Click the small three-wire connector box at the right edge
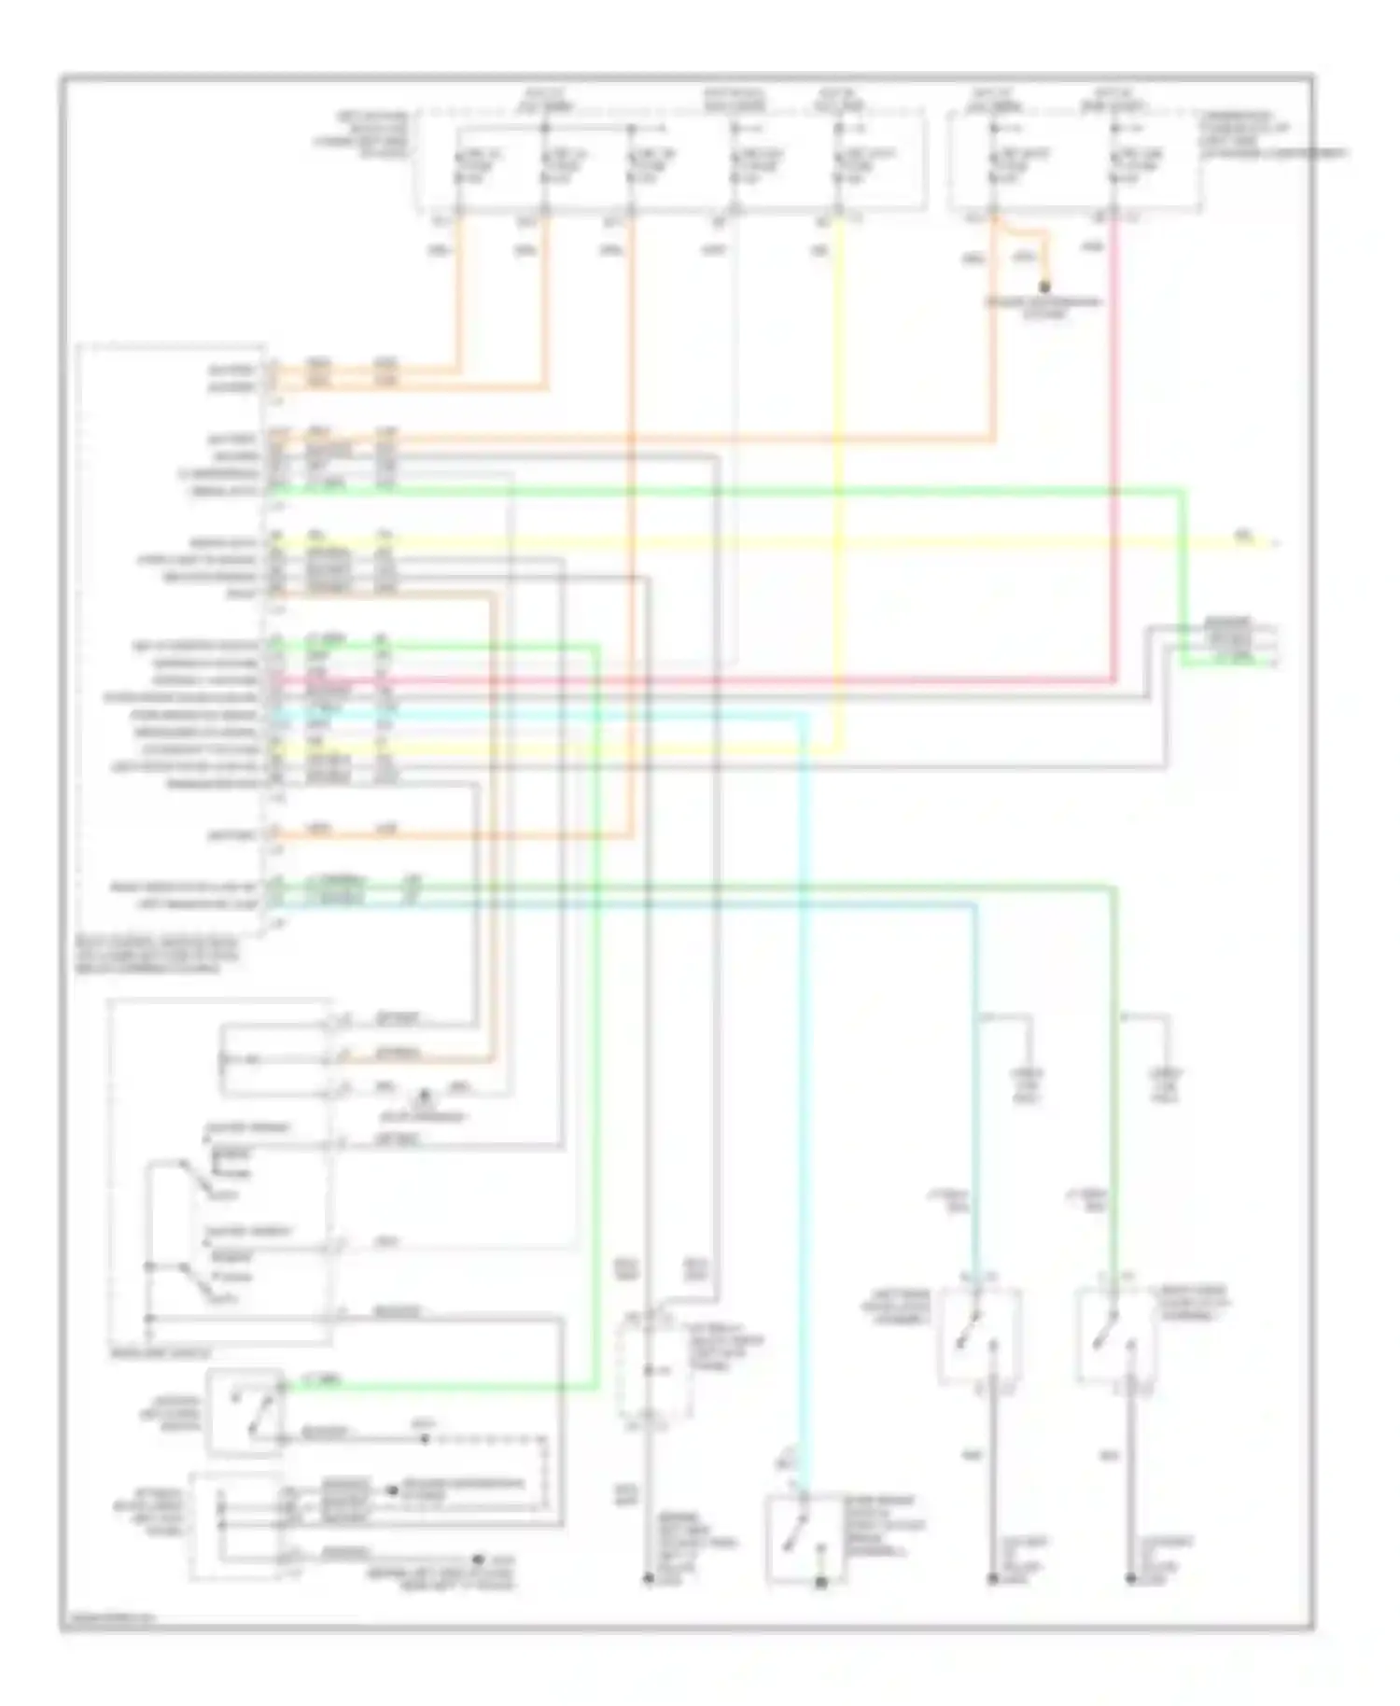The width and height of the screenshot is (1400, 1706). pyautogui.click(x=1228, y=642)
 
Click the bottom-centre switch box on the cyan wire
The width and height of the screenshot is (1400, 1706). pyautogui.click(x=803, y=1540)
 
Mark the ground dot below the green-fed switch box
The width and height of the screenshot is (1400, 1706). pyautogui.click(x=1130, y=1579)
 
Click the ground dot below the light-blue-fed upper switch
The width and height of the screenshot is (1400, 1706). pyautogui.click(x=993, y=1579)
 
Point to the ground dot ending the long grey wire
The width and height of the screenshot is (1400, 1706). pyautogui.click(x=646, y=1578)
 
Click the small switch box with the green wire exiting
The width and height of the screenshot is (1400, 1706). pyautogui.click(x=245, y=1410)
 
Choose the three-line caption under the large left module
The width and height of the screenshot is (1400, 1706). pyautogui.click(x=159, y=956)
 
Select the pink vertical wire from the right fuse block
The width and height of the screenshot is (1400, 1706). pyautogui.click(x=1114, y=448)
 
